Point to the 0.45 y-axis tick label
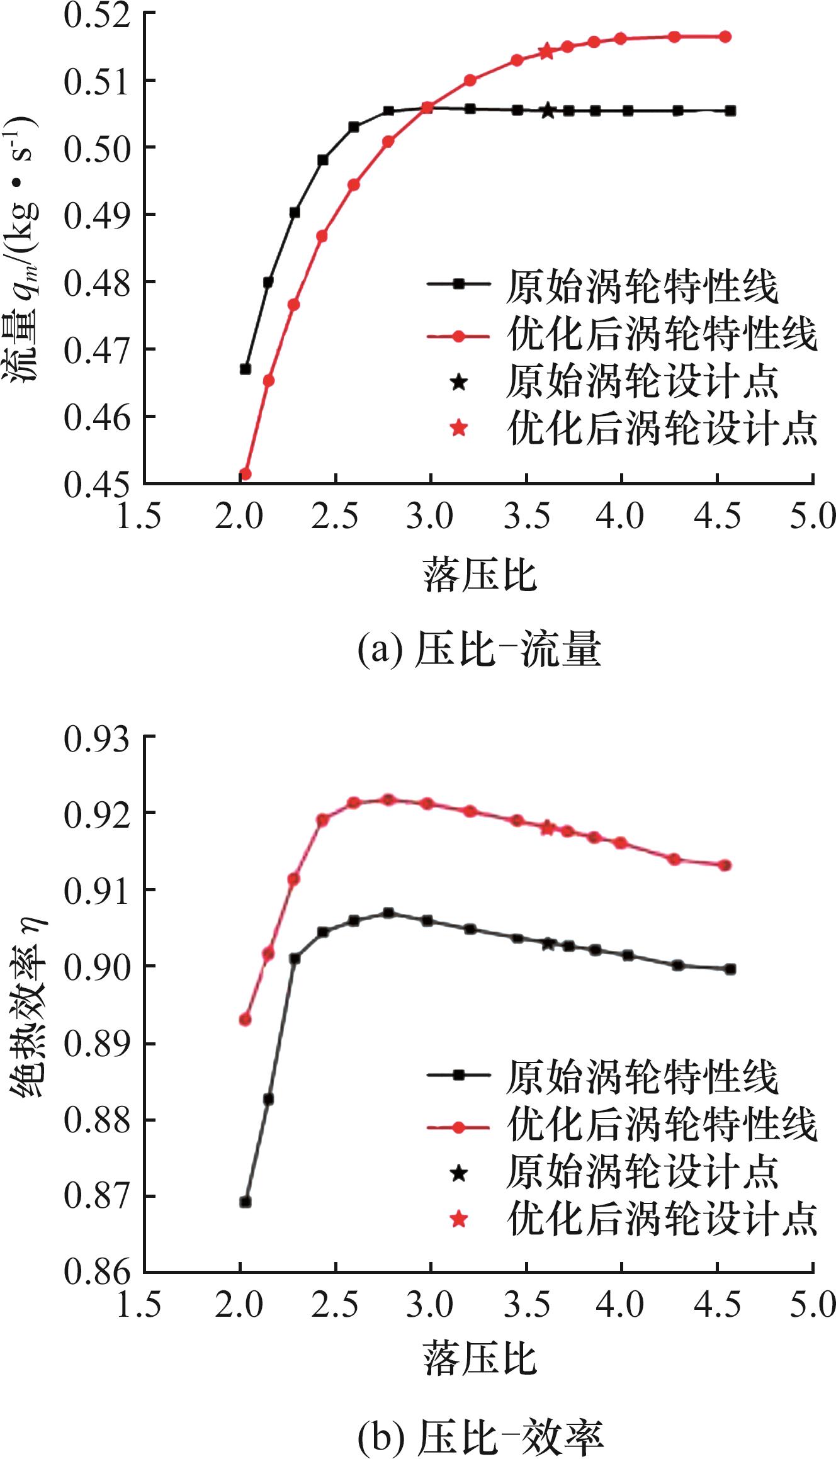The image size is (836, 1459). (94, 483)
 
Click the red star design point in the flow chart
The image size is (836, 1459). (546, 52)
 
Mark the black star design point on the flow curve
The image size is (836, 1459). (548, 111)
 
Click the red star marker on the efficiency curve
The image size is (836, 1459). (548, 828)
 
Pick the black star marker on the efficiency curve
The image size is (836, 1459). (548, 943)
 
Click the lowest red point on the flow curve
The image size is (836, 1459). (246, 473)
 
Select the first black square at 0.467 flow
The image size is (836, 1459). (246, 369)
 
